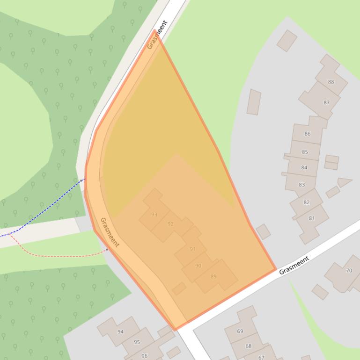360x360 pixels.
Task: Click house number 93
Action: click(x=154, y=215)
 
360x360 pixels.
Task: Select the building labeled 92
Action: click(x=170, y=224)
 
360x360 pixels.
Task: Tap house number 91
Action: click(x=192, y=249)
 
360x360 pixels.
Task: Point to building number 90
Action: click(x=198, y=266)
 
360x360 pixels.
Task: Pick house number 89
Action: click(x=213, y=276)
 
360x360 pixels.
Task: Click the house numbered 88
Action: click(x=331, y=82)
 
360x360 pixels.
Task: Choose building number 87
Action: click(x=326, y=102)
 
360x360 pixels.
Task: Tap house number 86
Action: click(x=308, y=134)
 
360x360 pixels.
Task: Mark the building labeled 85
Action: click(x=305, y=152)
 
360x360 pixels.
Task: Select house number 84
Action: click(x=304, y=167)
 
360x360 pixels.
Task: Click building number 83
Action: click(x=301, y=185)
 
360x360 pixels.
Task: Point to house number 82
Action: click(x=307, y=202)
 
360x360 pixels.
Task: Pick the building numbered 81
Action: click(x=312, y=218)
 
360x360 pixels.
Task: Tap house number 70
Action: click(x=349, y=270)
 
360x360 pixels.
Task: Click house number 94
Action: click(x=120, y=331)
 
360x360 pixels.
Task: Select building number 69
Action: click(x=240, y=331)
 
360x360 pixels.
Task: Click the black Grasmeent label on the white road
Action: click(x=294, y=265)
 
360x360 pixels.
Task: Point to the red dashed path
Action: click(x=61, y=256)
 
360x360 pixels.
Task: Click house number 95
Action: click(x=137, y=342)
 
